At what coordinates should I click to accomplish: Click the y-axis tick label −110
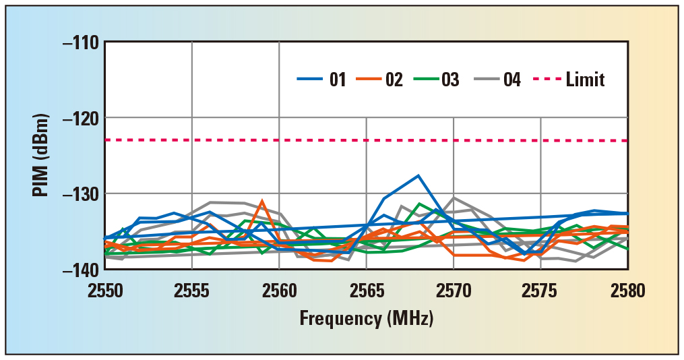[80, 42]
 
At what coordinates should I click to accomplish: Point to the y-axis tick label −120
[80, 118]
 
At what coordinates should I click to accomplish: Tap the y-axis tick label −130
[80, 193]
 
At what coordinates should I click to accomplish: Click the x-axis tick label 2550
[105, 291]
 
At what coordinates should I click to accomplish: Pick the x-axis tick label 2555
[192, 291]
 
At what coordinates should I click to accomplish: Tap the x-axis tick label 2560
[279, 291]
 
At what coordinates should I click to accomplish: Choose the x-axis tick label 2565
[366, 291]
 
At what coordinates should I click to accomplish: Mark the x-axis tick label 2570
[454, 291]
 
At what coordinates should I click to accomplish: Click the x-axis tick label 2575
[540, 291]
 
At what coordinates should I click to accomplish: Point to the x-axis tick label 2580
[627, 291]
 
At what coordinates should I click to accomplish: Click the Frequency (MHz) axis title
[366, 318]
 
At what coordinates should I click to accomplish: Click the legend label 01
[338, 80]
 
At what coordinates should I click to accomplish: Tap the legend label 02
[394, 80]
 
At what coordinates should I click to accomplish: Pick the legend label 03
[450, 80]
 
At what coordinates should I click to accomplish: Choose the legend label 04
[511, 80]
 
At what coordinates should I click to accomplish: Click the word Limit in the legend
[585, 80]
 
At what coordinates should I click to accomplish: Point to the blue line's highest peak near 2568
[418, 175]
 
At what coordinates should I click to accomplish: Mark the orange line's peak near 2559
[262, 201]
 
